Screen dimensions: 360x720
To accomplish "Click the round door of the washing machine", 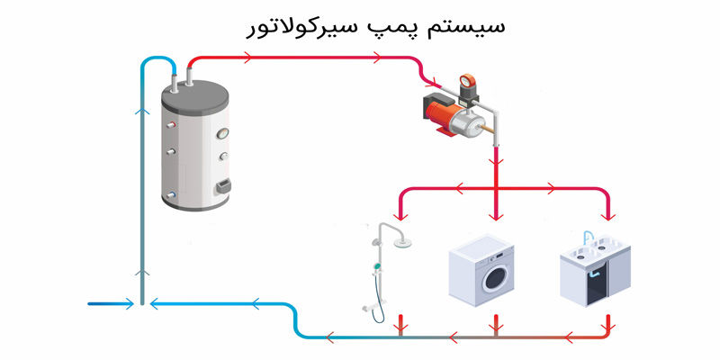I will [494, 278].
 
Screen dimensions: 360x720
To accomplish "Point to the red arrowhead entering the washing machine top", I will [493, 216].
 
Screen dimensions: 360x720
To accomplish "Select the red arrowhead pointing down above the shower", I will [402, 216].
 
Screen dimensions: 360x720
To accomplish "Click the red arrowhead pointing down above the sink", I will [609, 216].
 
